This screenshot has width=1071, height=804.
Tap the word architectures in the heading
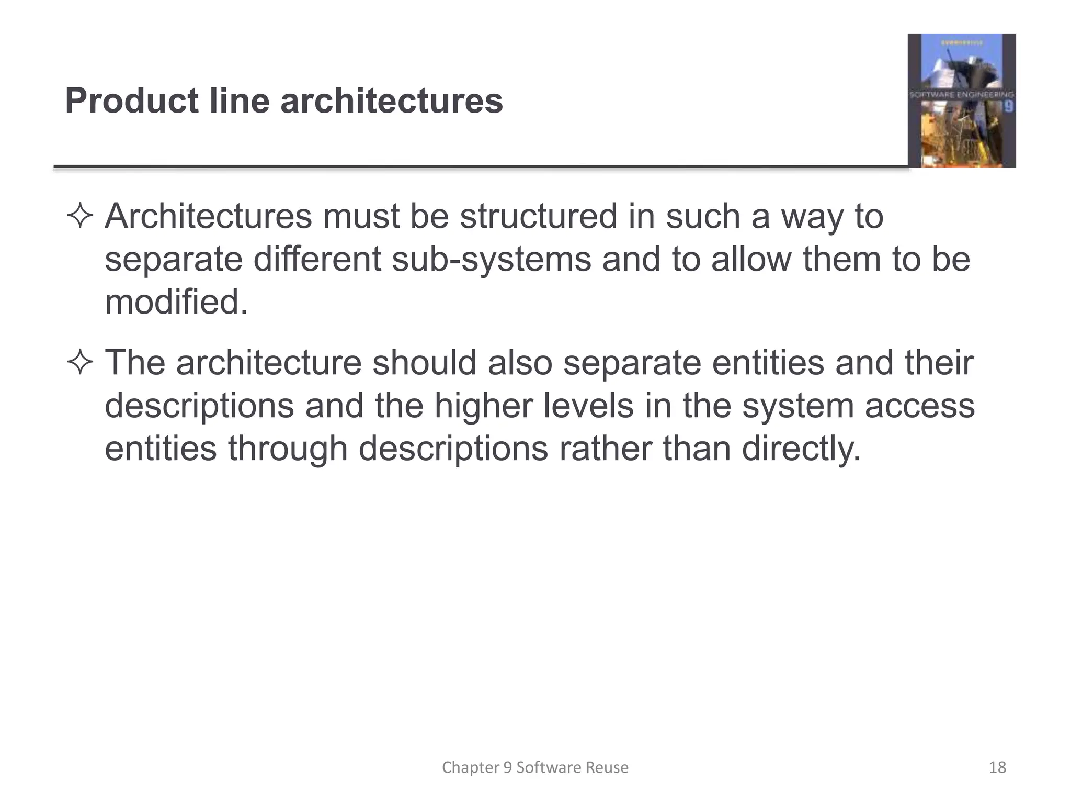[392, 100]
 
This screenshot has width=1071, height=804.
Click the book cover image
[961, 100]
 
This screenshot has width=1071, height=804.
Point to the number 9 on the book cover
[1009, 107]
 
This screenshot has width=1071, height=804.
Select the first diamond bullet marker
[80, 217]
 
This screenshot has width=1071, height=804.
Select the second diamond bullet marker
[80, 363]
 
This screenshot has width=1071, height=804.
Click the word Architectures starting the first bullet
[208, 217]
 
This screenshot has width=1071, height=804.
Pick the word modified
[176, 303]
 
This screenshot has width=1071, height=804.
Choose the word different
[317, 260]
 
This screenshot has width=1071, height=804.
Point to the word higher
[483, 406]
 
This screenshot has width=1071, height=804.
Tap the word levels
[588, 406]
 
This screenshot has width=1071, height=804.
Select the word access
[919, 406]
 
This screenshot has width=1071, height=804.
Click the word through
[288, 449]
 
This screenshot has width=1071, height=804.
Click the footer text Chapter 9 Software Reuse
[535, 767]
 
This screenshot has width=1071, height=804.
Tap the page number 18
[997, 767]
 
